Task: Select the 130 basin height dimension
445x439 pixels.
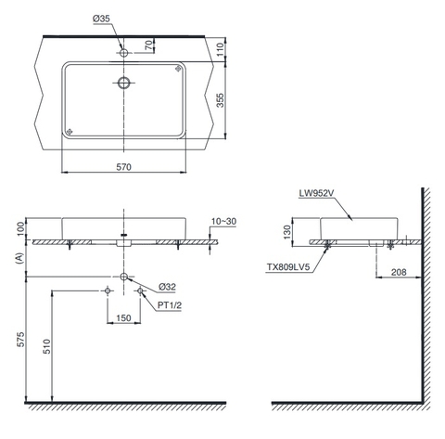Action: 287,229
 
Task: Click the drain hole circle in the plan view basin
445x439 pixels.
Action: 124,83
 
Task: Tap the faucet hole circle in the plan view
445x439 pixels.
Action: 124,54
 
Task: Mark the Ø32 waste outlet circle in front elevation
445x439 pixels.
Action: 124,278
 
